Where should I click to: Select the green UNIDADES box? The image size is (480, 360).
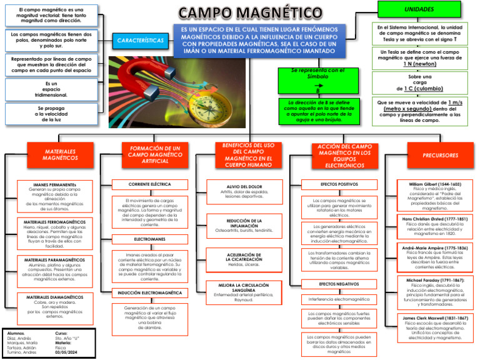(419, 9)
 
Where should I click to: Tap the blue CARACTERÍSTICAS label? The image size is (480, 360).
(141, 41)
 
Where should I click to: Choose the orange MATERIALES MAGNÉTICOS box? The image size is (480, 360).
(61, 155)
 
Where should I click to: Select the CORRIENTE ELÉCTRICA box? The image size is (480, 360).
(150, 184)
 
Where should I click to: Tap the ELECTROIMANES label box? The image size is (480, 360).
(150, 239)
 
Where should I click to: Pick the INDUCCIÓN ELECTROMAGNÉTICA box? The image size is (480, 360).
(150, 292)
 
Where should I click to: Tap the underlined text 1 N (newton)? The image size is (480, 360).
(419, 64)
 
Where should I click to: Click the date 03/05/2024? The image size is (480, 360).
(67, 352)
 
